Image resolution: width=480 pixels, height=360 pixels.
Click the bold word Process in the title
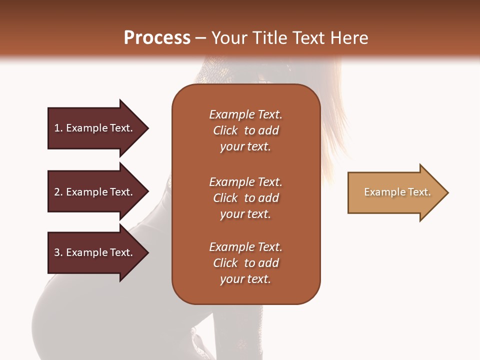[157, 38]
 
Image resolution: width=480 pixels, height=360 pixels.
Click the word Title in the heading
[270, 38]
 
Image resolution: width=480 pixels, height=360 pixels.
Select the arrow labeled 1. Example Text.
[95, 128]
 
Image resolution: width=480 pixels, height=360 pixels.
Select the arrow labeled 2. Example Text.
[95, 192]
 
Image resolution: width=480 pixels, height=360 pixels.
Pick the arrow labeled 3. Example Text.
[95, 252]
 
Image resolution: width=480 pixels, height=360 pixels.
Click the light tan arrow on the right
[395, 192]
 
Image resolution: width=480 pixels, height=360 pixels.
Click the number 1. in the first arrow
[58, 128]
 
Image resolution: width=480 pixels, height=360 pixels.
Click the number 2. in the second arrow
[58, 192]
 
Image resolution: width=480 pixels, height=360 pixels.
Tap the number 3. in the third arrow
[58, 252]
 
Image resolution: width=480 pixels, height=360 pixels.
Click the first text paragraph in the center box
[245, 130]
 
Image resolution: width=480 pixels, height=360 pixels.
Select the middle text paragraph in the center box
[245, 198]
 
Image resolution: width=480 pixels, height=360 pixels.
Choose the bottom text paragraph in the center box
[245, 263]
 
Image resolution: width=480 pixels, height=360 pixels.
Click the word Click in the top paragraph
[225, 130]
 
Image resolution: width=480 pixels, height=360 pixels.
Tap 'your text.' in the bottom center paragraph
[245, 279]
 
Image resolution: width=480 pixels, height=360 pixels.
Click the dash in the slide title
[201, 38]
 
